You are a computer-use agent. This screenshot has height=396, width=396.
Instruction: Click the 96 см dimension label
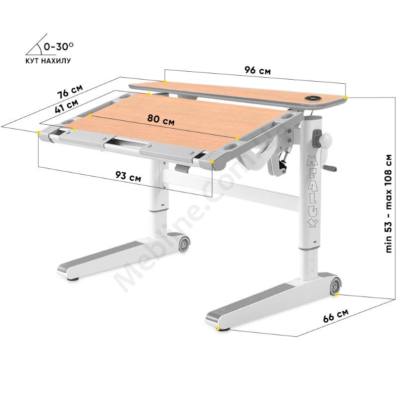point(257,70)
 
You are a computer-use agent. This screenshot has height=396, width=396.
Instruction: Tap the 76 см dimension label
point(70,92)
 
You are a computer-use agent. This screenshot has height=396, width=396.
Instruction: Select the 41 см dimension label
point(66,105)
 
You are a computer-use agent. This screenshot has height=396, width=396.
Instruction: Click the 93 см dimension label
point(128,176)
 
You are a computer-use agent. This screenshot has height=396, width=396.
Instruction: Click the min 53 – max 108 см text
point(389,203)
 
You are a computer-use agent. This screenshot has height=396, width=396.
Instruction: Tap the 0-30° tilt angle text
point(59,46)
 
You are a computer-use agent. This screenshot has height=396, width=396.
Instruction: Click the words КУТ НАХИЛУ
point(48,61)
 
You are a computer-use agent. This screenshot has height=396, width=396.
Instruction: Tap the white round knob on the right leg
point(326,139)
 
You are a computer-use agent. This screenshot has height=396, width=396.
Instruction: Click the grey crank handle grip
point(331,168)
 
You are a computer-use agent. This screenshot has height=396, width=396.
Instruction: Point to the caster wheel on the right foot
point(336,286)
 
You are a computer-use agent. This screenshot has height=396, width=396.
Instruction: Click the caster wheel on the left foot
point(184,244)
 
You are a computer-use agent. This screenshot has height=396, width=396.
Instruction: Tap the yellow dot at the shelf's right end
point(345,97)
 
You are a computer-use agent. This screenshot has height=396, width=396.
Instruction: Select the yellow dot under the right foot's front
point(218,329)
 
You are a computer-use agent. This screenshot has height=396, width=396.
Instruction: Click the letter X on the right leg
point(313,222)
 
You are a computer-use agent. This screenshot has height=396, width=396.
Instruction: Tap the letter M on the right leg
point(312,160)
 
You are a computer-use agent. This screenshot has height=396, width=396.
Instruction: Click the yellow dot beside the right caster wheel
point(337,295)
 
